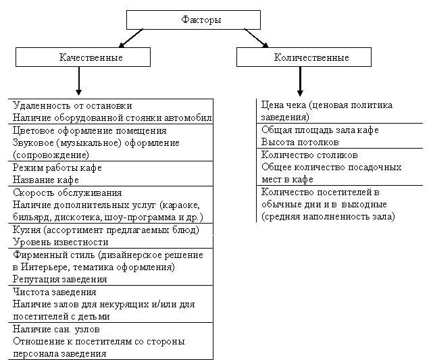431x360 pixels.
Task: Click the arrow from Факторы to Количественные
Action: click(x=255, y=38)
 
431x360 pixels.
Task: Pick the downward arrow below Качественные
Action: click(x=79, y=82)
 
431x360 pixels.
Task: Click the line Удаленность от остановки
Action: click(x=72, y=105)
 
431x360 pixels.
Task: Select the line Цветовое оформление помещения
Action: click(x=89, y=130)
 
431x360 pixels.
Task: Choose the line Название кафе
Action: click(x=46, y=180)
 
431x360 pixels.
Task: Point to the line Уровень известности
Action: click(x=60, y=242)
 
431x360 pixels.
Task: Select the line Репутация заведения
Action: click(x=59, y=279)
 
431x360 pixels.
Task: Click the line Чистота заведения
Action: click(x=54, y=292)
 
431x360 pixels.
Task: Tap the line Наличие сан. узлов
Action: click(x=56, y=329)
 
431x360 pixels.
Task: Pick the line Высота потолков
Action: click(x=300, y=142)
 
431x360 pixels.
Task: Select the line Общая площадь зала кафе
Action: click(x=320, y=130)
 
